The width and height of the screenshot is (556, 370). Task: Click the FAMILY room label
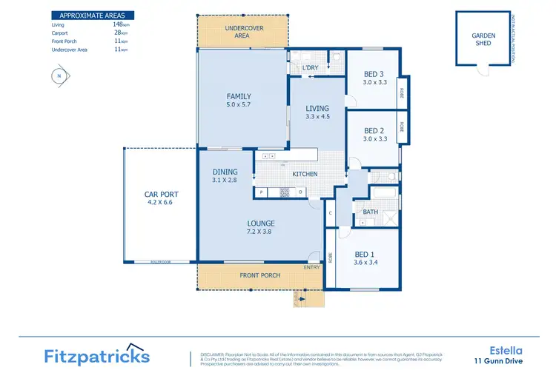239,96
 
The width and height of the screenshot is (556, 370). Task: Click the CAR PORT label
161,195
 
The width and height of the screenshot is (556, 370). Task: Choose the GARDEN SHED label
484,38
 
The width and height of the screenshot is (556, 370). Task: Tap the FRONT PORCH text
260,275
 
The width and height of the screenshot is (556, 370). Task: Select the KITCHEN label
305,174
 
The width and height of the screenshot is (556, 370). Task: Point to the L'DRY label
311,69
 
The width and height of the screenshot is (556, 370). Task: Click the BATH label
370,212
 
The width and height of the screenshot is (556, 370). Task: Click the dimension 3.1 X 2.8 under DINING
225,180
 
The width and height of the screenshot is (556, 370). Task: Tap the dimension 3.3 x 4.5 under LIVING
317,117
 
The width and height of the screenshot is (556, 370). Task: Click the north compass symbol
57,75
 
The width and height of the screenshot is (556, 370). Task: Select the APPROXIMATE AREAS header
87,15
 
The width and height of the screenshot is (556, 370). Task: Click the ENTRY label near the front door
312,267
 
